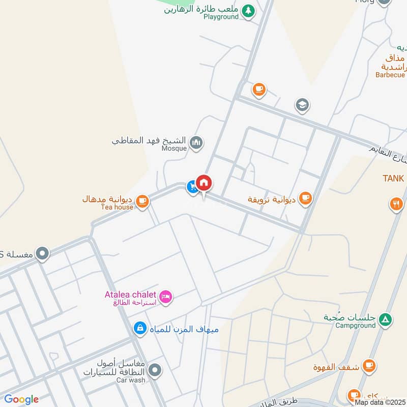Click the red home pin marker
[204, 183]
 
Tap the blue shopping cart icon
[192, 188]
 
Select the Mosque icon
[196, 143]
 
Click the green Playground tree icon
[248, 11]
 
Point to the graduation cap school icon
[302, 106]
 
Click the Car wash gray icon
[156, 370]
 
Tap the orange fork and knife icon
[396, 205]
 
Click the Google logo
[21, 399]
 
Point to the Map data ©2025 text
[380, 402]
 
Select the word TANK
[393, 179]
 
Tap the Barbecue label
[390, 75]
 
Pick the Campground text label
[356, 326]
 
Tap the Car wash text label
[131, 380]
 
